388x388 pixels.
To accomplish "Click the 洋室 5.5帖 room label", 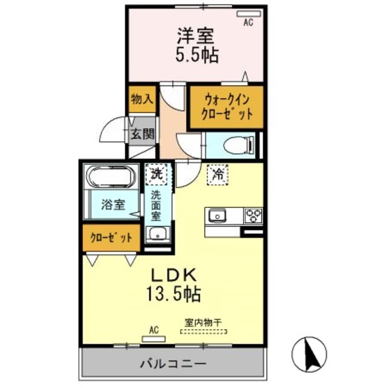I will click(x=196, y=46).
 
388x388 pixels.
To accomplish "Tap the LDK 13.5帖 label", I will click(x=173, y=286).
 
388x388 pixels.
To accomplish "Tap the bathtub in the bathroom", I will click(x=113, y=177).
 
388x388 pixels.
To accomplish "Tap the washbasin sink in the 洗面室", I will click(x=159, y=235).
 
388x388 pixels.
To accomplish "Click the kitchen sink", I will click(x=218, y=215).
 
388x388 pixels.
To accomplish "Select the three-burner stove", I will click(x=253, y=215).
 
